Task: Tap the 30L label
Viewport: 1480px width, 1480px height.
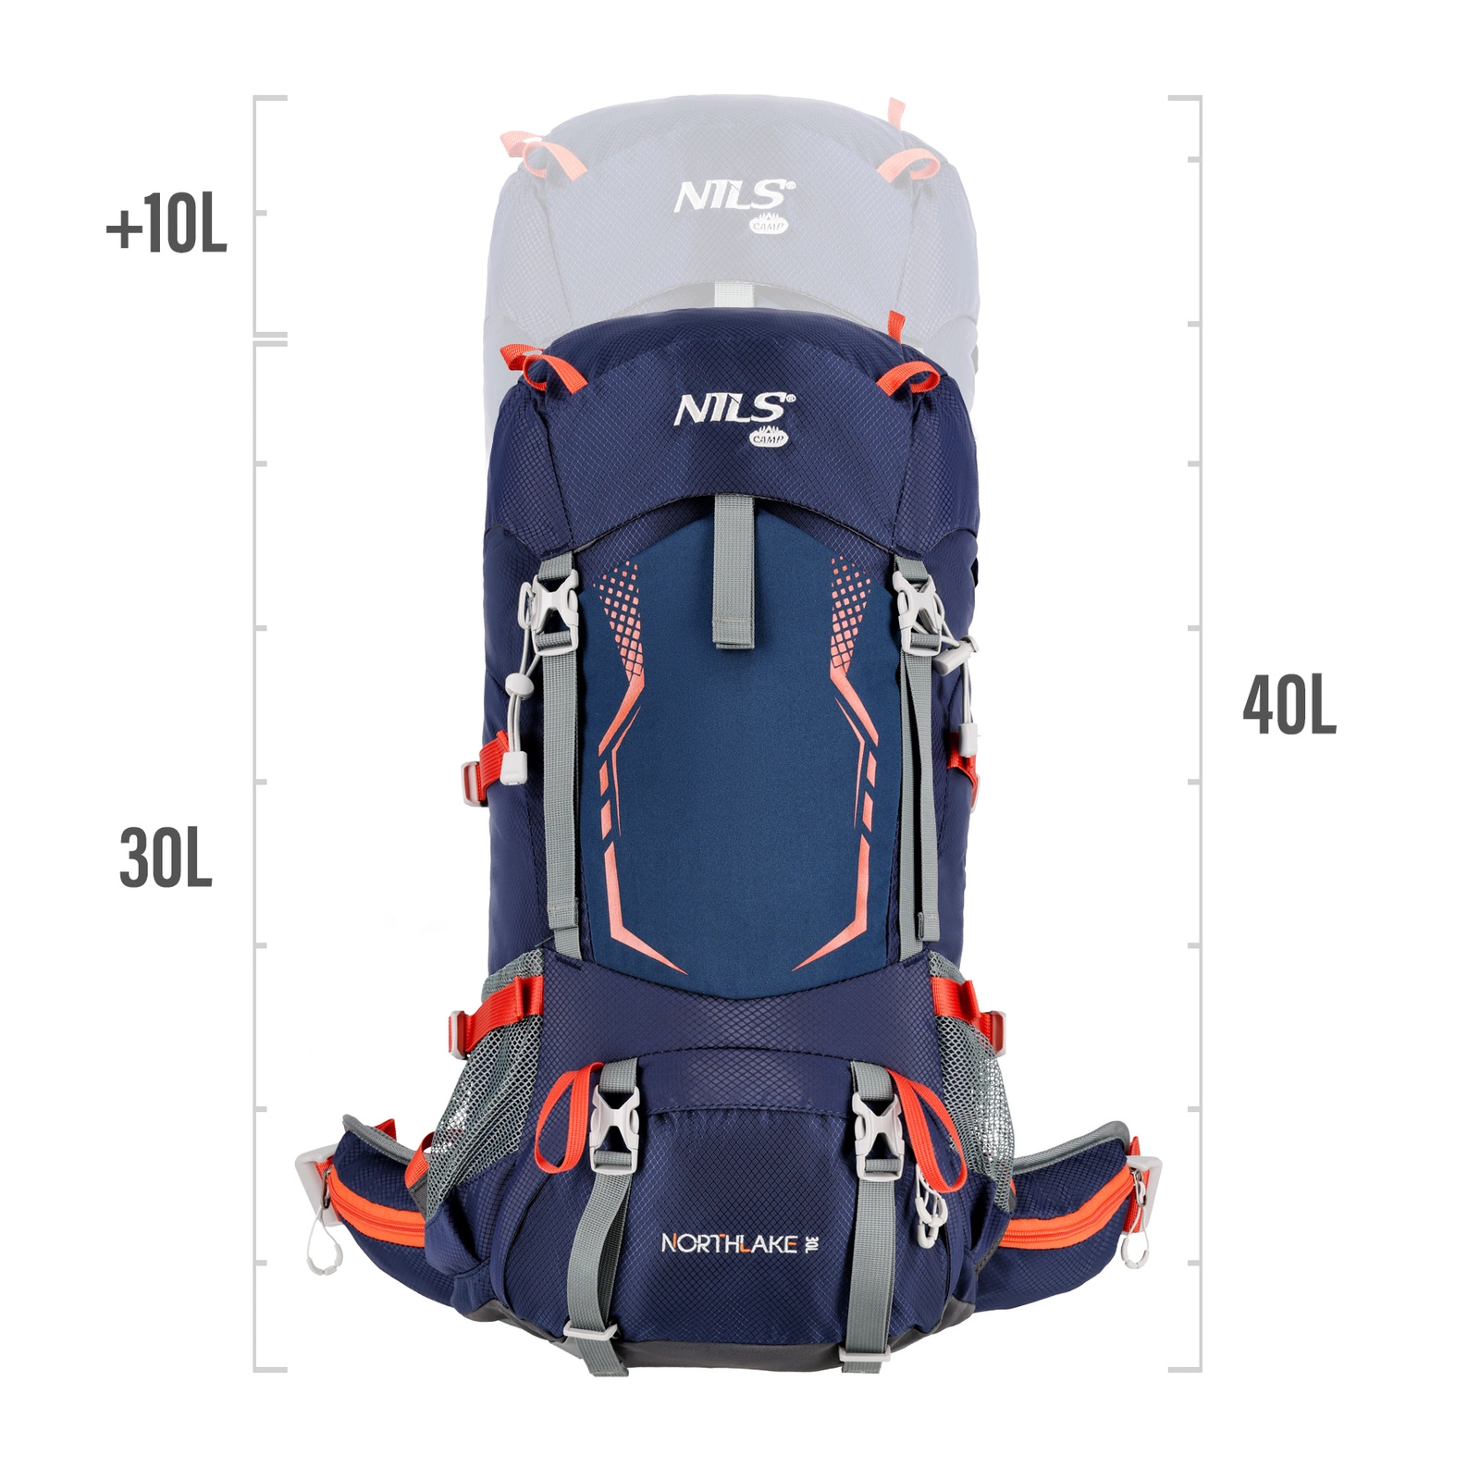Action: [x=166, y=858]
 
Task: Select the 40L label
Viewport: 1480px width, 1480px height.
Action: [x=1289, y=705]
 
